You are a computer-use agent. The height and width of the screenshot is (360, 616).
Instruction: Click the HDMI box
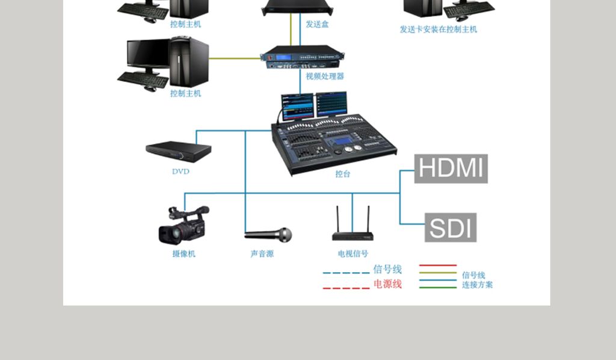[x=451, y=169]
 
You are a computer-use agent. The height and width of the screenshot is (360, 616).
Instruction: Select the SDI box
[x=450, y=228]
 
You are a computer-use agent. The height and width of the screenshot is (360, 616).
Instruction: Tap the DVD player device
[x=178, y=152]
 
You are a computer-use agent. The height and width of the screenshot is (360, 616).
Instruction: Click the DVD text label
[x=180, y=172]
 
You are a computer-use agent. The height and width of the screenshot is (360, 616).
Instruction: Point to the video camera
[x=184, y=225]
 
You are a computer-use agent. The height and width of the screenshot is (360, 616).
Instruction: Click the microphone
[x=268, y=235]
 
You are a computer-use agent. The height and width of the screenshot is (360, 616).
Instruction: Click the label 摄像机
[x=184, y=254]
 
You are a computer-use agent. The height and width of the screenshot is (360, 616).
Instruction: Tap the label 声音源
[x=262, y=254]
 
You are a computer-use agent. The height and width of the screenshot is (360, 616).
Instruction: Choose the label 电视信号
[x=353, y=254]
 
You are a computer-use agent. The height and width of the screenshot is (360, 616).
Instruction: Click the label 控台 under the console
[x=342, y=174]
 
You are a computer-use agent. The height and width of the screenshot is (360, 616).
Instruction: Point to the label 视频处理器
[x=325, y=76]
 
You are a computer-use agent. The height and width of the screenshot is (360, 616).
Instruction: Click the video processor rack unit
[x=302, y=57]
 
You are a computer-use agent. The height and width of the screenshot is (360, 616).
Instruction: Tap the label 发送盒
[x=317, y=24]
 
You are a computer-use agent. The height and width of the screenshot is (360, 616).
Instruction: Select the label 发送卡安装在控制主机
[x=439, y=29]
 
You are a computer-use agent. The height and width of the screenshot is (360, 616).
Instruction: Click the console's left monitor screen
[x=297, y=106]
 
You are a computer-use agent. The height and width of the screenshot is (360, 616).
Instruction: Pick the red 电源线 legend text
[x=387, y=284]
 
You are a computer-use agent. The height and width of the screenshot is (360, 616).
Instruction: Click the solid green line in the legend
[x=438, y=288]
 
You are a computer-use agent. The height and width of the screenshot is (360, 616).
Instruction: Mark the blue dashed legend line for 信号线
[x=346, y=273]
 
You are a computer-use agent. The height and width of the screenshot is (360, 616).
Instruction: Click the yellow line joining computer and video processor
[x=235, y=58]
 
